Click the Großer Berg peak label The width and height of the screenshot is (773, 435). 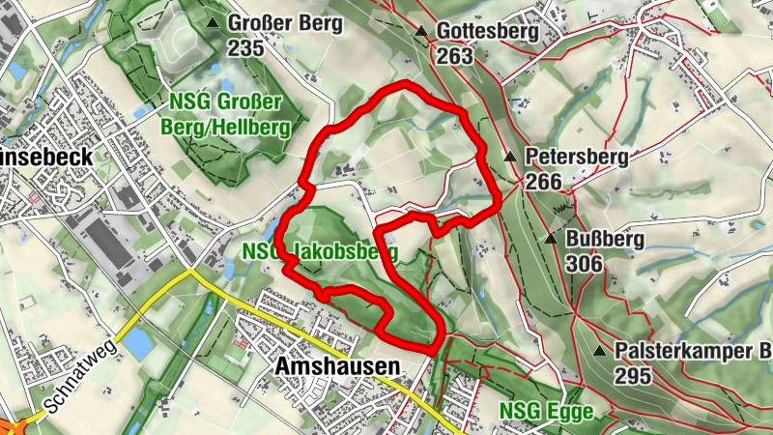point(284,23)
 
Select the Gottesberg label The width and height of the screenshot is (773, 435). point(487,32)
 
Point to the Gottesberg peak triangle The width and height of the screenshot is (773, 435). point(420,32)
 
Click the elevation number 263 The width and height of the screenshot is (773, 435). point(455,56)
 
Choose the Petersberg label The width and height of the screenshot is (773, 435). point(577,157)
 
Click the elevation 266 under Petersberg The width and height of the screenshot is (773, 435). point(545,181)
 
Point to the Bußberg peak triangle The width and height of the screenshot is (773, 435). point(551,238)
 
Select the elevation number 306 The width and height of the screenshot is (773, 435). point(585,263)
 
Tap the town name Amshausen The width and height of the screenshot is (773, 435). point(337,366)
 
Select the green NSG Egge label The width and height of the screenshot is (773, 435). point(546,411)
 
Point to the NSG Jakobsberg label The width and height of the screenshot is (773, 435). point(334,252)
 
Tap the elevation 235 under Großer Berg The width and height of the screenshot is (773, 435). point(245,47)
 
